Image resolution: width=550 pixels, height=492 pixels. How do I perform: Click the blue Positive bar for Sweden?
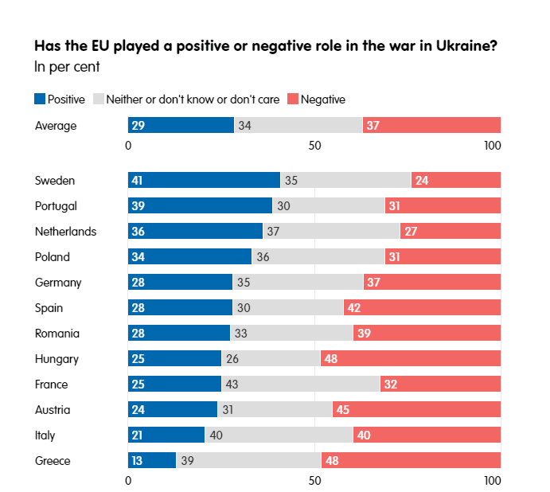coord(204,180)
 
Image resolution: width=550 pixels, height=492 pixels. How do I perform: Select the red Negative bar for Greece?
coord(411,461)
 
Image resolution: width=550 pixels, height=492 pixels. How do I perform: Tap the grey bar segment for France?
coord(300,385)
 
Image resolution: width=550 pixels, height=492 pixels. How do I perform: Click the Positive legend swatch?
coord(40,100)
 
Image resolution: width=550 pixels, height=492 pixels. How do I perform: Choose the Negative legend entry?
coord(322,100)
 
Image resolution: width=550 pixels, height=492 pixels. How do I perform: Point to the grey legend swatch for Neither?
coord(99,100)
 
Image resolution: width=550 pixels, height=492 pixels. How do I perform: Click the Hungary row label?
coord(57,359)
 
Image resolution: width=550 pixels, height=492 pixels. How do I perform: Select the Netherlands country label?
coord(65,232)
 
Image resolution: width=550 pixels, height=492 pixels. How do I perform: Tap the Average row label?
coord(56,125)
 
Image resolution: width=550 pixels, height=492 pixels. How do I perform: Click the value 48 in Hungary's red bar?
coord(331,359)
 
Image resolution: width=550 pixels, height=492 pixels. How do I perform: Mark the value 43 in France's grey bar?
coord(234,385)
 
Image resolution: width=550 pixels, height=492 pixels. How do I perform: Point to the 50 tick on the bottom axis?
coord(314,481)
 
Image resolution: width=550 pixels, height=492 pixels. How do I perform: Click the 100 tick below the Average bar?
coord(493,145)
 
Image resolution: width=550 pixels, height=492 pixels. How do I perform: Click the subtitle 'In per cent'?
coord(67,66)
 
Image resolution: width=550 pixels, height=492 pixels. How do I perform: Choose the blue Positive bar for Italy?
coord(166,435)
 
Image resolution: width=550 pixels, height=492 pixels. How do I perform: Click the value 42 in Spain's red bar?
coord(354,308)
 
